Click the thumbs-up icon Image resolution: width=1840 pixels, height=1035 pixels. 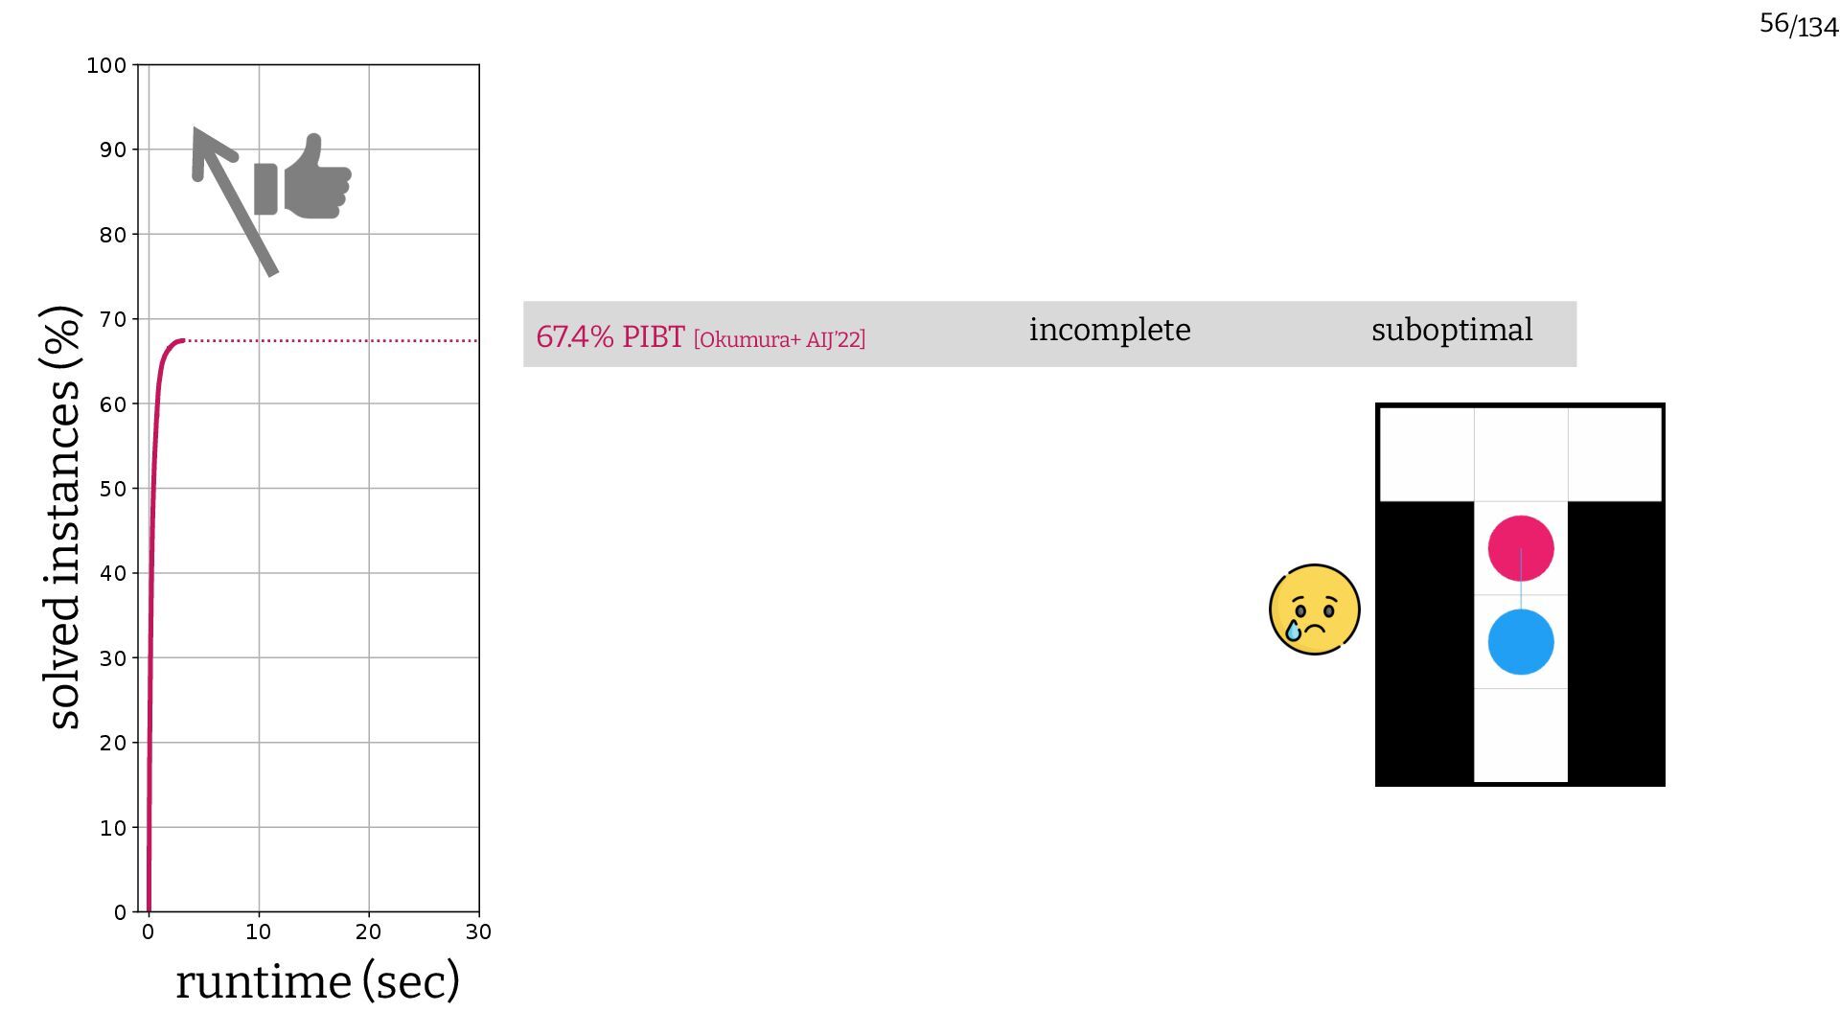(x=304, y=179)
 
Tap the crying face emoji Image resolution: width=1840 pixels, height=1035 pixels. (x=1314, y=609)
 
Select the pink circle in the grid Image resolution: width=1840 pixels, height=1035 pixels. (x=1520, y=548)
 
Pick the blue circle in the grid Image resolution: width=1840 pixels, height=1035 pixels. (x=1520, y=642)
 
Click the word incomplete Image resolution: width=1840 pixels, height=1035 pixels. (x=1110, y=330)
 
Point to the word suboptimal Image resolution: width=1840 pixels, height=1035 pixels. (x=1452, y=330)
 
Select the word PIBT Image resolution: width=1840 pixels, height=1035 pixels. (x=654, y=336)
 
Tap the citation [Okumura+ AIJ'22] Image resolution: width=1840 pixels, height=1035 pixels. (x=779, y=339)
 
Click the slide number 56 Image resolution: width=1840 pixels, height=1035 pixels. (x=1774, y=23)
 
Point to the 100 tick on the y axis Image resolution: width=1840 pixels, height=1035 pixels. (x=106, y=65)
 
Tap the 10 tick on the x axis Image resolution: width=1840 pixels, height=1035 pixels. (x=259, y=931)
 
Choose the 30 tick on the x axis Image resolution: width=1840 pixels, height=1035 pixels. (x=478, y=931)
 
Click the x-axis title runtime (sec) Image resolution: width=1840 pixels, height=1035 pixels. (x=317, y=981)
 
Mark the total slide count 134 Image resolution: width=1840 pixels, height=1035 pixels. (x=1817, y=28)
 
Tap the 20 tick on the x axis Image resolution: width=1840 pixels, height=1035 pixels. (x=369, y=931)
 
